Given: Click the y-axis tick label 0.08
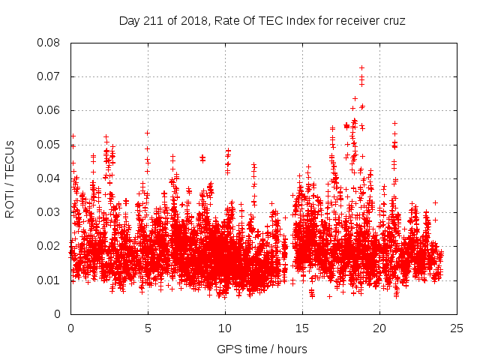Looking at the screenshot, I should pos(49,43).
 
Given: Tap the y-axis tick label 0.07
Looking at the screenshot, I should pos(49,76).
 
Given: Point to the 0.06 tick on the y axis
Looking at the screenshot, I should pos(49,110).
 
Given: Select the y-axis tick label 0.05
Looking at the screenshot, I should pos(49,144).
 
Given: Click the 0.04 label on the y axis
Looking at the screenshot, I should pos(49,178).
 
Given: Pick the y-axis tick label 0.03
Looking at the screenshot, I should pos(49,212).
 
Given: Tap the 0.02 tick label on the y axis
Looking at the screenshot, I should pos(49,246).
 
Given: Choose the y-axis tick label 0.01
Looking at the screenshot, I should pos(49,280).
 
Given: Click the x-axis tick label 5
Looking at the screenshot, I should pos(148,328).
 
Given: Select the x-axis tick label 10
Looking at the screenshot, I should pos(225,328).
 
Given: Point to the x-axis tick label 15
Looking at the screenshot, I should pos(302,328).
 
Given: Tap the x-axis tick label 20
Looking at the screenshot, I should pos(379,328).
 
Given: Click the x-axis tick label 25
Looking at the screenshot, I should pos(457,328).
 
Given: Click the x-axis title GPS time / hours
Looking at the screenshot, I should pos(262,349).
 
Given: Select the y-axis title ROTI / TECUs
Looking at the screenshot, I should pos(10,178).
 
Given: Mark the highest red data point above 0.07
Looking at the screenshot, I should pos(361,67).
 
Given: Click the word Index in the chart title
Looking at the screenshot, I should pos(300,21).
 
